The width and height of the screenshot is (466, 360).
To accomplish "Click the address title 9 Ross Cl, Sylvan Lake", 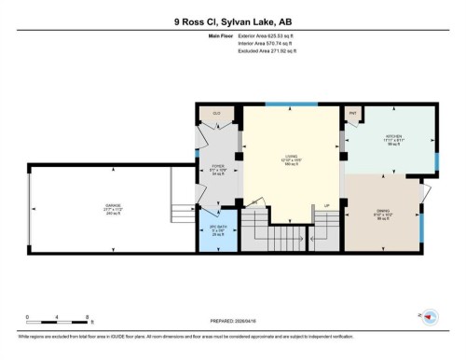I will (233, 21).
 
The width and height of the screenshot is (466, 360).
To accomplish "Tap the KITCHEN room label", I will (393, 137).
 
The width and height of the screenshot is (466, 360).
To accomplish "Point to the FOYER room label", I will (217, 167).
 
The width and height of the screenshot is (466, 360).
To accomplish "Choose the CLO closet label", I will (216, 113).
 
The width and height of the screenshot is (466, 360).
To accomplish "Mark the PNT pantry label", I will (353, 112).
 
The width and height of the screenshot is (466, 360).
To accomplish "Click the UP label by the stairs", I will (326, 205).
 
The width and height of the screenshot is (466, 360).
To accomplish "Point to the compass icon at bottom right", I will (430, 317).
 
